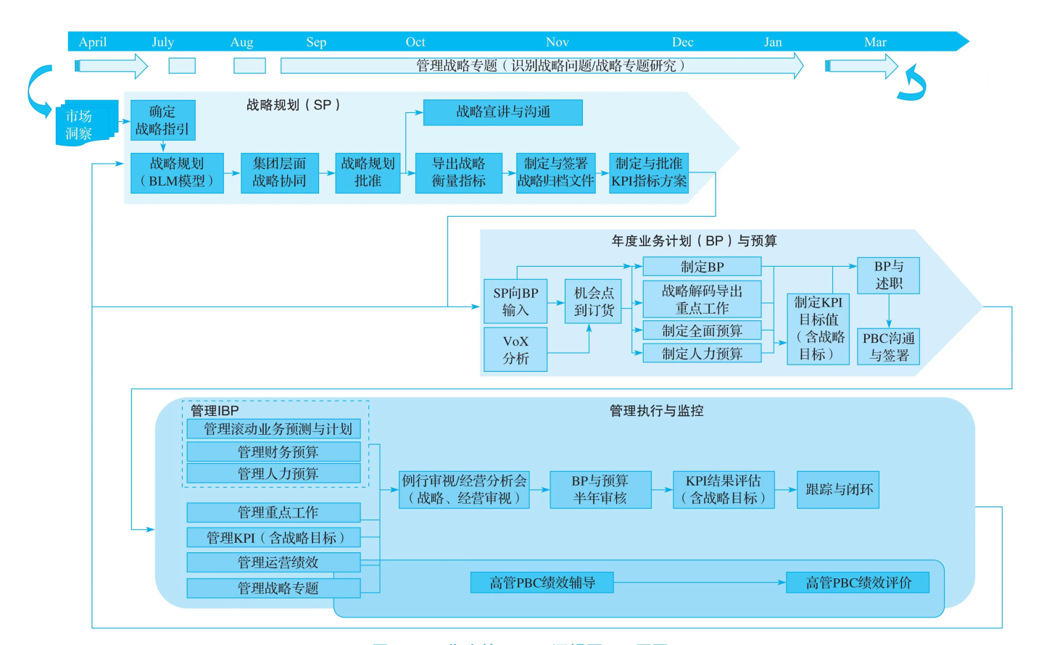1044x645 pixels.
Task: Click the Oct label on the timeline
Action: click(x=415, y=42)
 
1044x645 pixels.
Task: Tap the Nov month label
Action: click(x=557, y=42)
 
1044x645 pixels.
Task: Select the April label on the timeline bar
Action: click(x=93, y=42)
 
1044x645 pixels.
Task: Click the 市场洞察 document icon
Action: click(x=83, y=124)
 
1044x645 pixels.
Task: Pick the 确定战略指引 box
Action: click(x=162, y=120)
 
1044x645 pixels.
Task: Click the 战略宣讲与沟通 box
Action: click(x=502, y=112)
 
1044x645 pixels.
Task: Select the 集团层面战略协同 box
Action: click(x=279, y=172)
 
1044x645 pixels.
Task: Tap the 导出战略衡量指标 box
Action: click(x=458, y=172)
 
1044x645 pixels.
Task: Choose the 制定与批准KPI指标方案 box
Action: click(x=648, y=172)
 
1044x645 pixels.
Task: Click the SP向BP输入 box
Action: click(x=515, y=301)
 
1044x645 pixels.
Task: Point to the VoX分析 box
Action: click(x=515, y=349)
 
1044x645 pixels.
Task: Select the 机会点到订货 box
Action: click(x=593, y=301)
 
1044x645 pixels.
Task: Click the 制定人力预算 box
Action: click(x=701, y=354)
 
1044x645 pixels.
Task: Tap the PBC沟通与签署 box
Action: click(x=888, y=346)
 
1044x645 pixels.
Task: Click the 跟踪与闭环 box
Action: click(x=838, y=490)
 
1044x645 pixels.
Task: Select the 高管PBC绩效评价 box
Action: click(x=858, y=583)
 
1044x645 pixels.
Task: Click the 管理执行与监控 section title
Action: click(x=656, y=411)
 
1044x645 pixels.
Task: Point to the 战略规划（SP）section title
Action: click(x=293, y=105)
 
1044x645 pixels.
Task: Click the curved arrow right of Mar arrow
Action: click(x=913, y=83)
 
